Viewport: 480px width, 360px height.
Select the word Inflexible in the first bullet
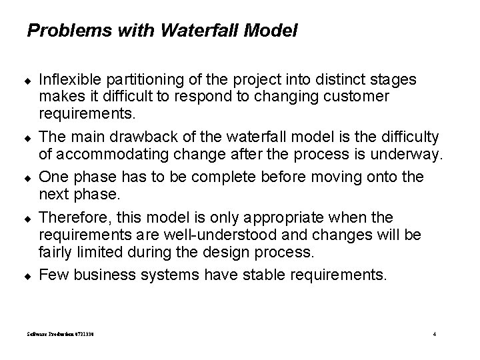click(67, 80)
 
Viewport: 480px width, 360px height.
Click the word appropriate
click(285, 217)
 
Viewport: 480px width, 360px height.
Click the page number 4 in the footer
click(434, 333)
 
